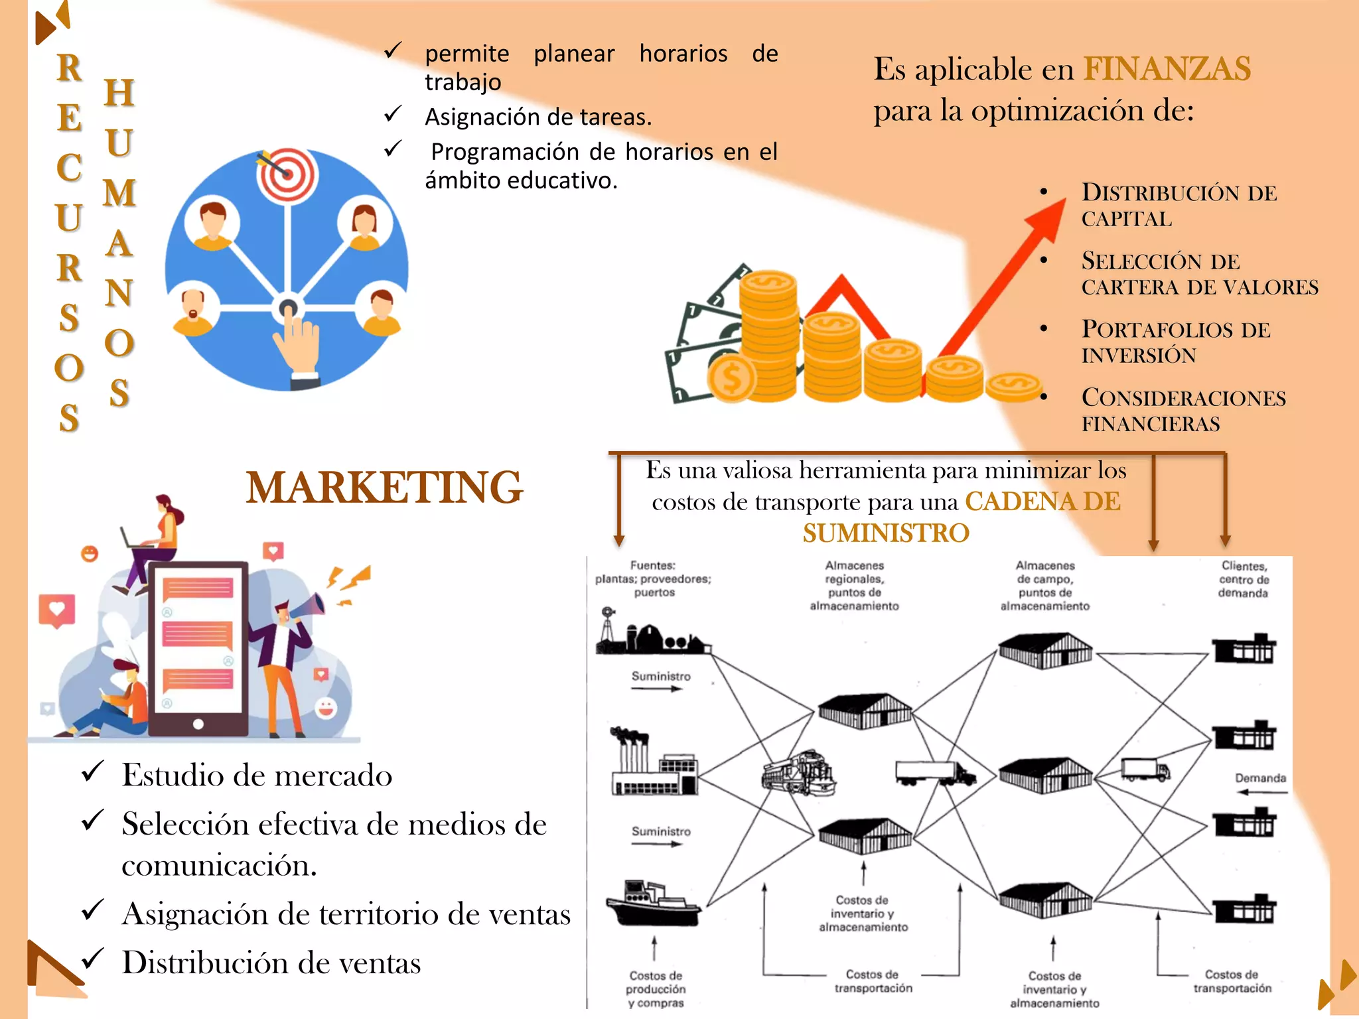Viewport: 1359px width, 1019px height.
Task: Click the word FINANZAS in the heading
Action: tap(1167, 69)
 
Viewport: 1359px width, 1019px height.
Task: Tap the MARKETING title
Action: tap(384, 488)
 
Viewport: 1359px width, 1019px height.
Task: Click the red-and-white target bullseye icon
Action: tap(288, 174)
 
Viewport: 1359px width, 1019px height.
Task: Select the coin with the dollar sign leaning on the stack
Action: tap(731, 378)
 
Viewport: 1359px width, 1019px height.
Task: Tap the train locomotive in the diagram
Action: tap(798, 774)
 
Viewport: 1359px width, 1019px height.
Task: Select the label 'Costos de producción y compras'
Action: tap(656, 988)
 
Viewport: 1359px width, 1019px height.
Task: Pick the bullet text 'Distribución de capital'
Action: tap(1179, 205)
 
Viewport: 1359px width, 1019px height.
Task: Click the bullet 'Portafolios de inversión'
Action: tap(1175, 342)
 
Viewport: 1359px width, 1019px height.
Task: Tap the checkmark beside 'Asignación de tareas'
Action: tap(393, 114)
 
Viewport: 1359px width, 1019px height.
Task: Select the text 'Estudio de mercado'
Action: tap(257, 775)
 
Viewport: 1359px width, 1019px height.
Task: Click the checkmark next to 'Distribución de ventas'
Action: tap(92, 959)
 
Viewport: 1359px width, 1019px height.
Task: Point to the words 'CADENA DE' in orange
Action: tap(1042, 502)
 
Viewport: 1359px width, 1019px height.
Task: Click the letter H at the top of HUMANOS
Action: tap(119, 93)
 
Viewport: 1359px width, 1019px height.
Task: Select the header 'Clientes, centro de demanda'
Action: tap(1244, 578)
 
